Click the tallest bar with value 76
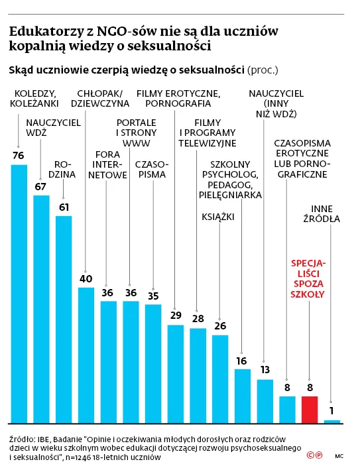[19, 293]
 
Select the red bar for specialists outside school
[310, 409]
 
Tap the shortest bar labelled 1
[332, 421]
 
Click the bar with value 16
[243, 396]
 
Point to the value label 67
[41, 186]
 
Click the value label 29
[175, 316]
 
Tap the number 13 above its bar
[265, 370]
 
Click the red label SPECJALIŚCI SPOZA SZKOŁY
[309, 278]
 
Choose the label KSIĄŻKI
[218, 216]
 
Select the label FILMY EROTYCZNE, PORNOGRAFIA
[178, 98]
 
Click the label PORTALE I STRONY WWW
[137, 133]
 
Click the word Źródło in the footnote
[21, 438]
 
